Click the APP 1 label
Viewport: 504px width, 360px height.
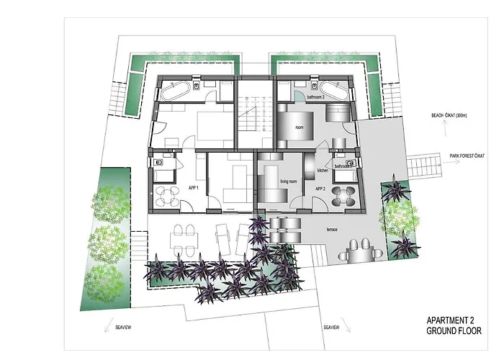(192, 187)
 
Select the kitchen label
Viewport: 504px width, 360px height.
(323, 171)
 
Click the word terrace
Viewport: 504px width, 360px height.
(333, 228)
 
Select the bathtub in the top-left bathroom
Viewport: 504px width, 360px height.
(174, 91)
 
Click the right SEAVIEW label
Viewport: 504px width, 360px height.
(332, 327)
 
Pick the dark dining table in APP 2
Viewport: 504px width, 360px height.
(346, 195)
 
